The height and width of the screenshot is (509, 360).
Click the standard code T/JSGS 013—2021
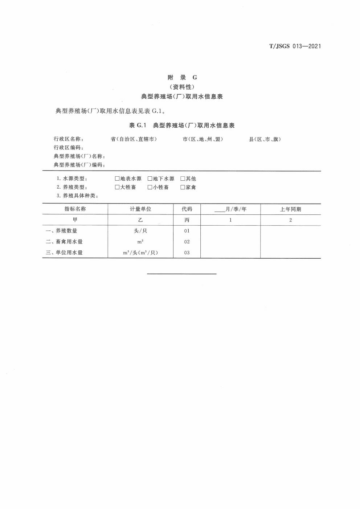point(295,46)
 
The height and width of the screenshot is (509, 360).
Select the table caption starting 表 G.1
point(182,126)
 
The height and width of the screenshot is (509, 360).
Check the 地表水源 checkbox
point(117,178)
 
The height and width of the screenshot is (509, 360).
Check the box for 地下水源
point(150,178)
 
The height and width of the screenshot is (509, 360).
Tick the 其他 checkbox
point(183,178)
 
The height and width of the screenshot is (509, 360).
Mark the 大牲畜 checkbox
point(117,187)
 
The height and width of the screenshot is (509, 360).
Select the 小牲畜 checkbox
point(150,187)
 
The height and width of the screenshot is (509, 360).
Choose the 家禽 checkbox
point(183,187)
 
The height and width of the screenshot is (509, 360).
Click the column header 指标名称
point(75,209)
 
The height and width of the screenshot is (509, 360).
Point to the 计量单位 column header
point(140,209)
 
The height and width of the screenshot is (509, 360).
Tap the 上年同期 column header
point(290,209)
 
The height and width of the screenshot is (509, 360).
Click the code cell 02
point(187,242)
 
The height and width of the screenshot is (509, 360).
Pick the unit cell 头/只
point(140,231)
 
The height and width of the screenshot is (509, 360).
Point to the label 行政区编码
point(69,148)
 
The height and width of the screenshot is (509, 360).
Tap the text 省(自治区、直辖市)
point(134,139)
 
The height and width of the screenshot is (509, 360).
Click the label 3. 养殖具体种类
point(78,196)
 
